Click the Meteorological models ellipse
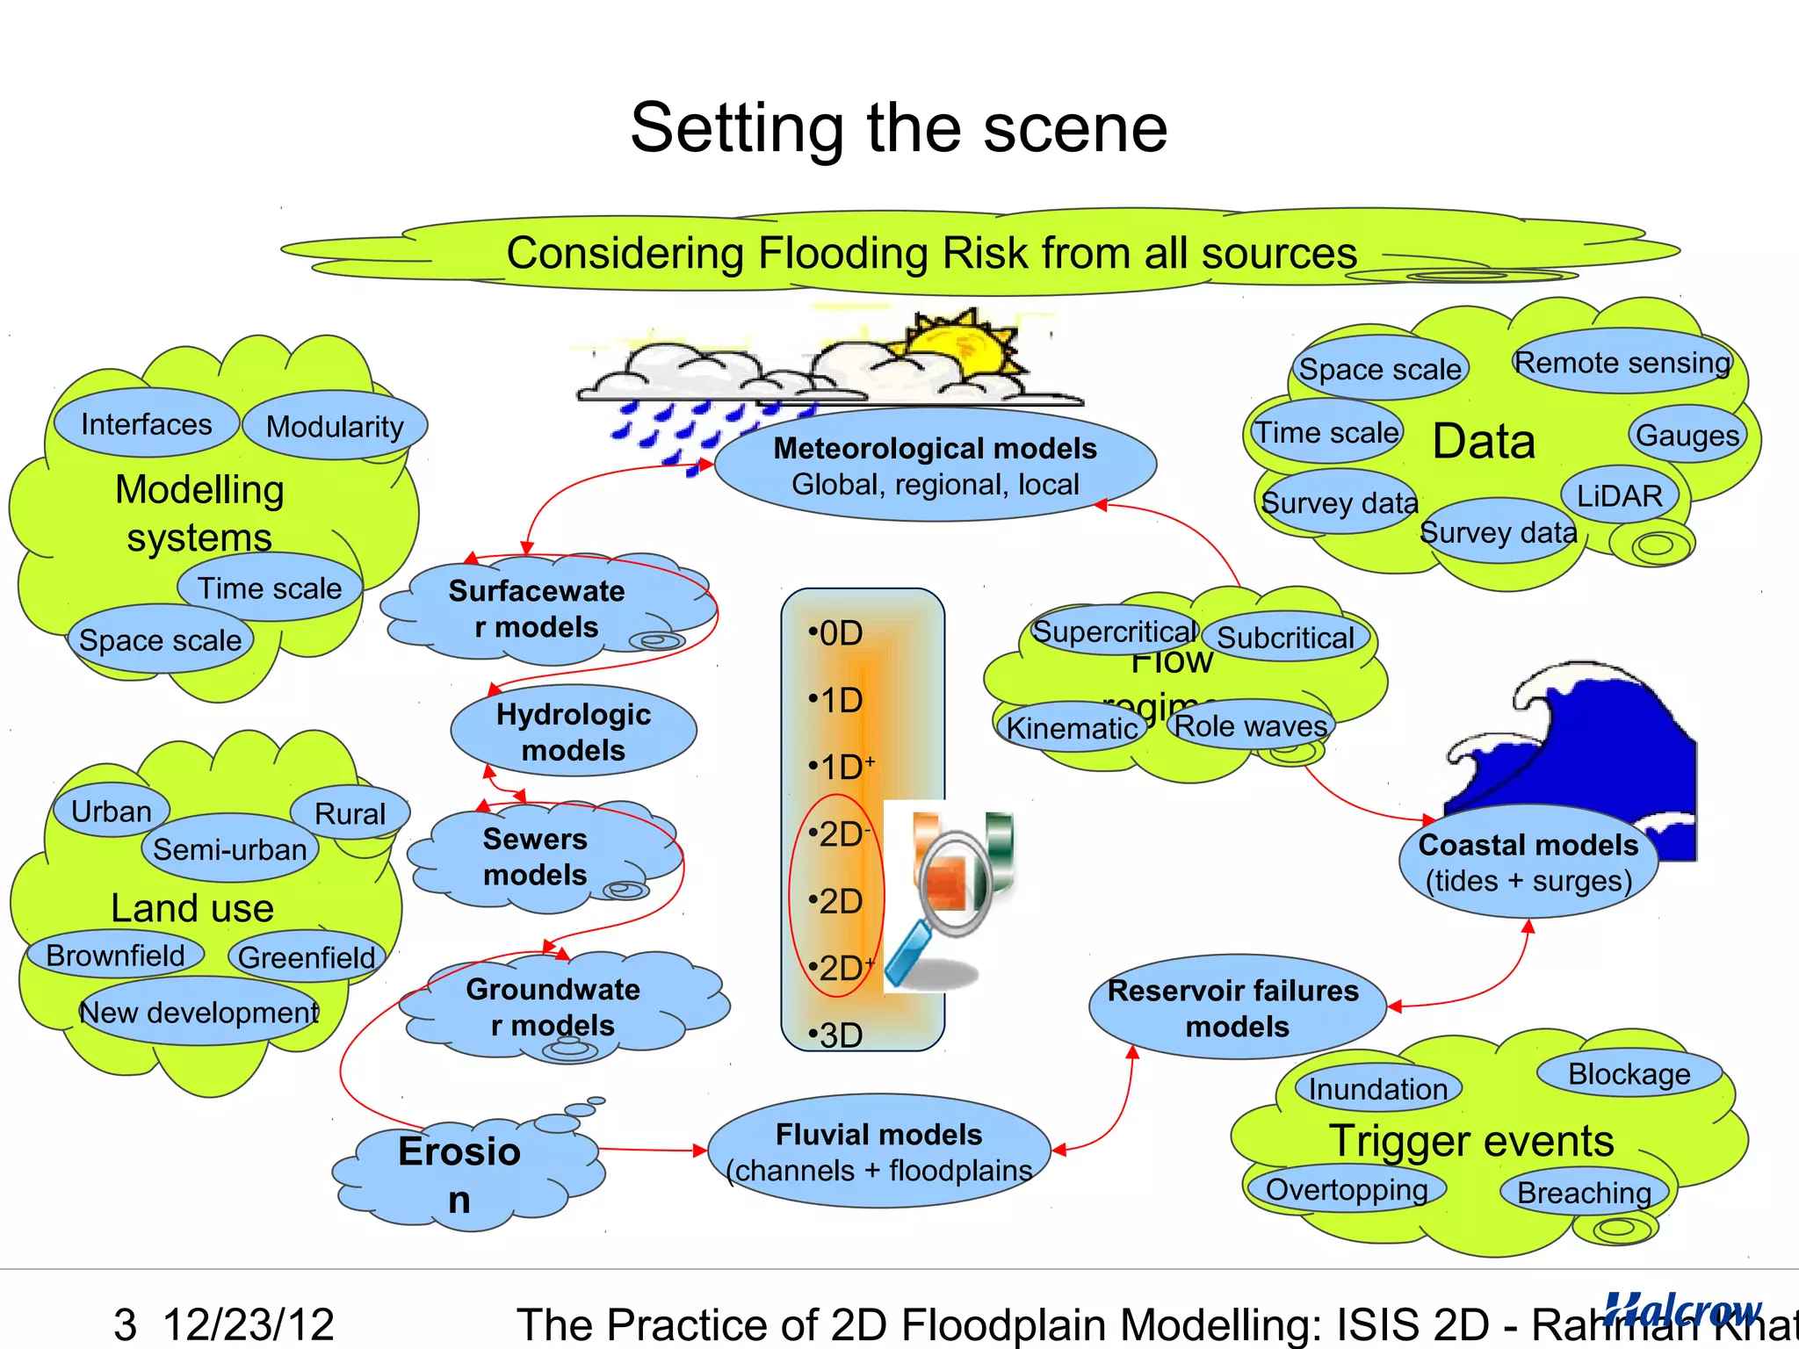[935, 465]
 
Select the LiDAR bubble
[1619, 496]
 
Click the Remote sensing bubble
[1622, 362]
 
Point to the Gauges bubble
[1687, 435]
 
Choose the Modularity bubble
[335, 427]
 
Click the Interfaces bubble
[146, 424]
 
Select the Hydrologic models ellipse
[574, 732]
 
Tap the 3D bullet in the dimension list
[839, 1035]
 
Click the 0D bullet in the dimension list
[839, 632]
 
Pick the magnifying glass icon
[949, 896]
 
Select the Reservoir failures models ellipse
[1235, 1007]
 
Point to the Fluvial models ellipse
[878, 1151]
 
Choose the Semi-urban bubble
[229, 849]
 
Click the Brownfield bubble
[115, 955]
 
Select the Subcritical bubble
[1285, 638]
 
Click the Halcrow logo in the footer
[1682, 1309]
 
